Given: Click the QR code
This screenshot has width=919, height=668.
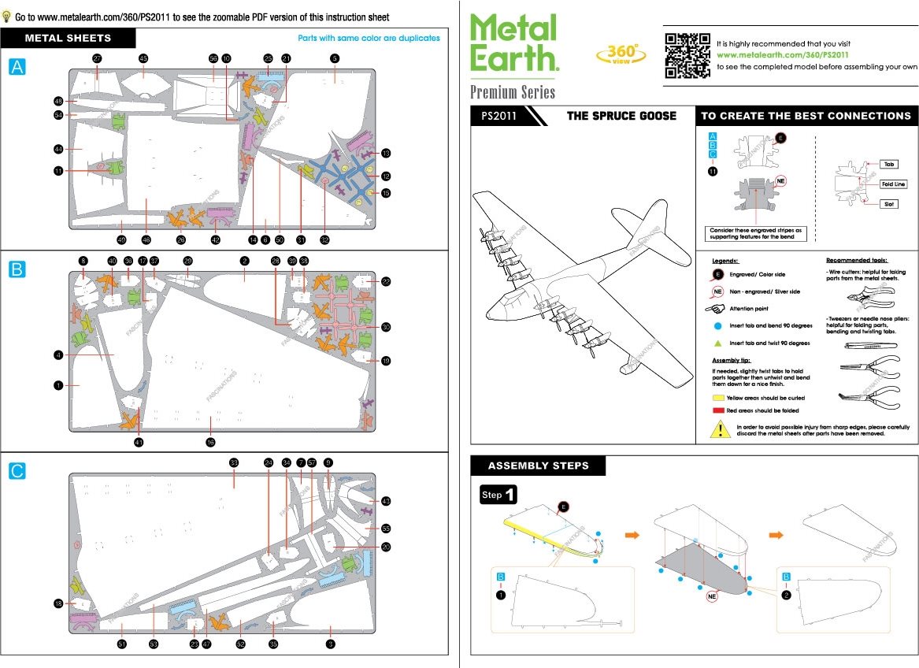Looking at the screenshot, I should click(687, 54).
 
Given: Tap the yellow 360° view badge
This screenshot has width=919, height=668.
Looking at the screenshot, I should click(618, 54).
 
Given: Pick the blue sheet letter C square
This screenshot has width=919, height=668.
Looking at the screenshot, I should click(17, 471).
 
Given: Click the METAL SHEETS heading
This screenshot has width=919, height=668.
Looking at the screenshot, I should click(69, 38).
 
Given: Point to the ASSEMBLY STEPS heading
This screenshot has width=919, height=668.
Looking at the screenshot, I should click(538, 466).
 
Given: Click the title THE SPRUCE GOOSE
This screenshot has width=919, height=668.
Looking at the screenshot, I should click(621, 116).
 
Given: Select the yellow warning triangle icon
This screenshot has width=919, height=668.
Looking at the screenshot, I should click(721, 429).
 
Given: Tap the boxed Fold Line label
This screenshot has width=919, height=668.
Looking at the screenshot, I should click(893, 184).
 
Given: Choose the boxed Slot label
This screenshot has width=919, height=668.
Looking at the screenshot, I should click(889, 203).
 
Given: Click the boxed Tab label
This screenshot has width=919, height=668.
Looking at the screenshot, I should click(889, 164).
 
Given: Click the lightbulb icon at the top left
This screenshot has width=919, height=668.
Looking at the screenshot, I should click(7, 16).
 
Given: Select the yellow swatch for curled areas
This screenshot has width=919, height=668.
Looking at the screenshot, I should click(717, 398).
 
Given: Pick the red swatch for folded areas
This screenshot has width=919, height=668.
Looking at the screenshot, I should click(717, 410).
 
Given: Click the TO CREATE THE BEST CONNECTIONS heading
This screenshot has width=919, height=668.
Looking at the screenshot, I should click(806, 116).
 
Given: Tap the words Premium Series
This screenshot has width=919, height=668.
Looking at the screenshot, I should click(513, 91).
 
